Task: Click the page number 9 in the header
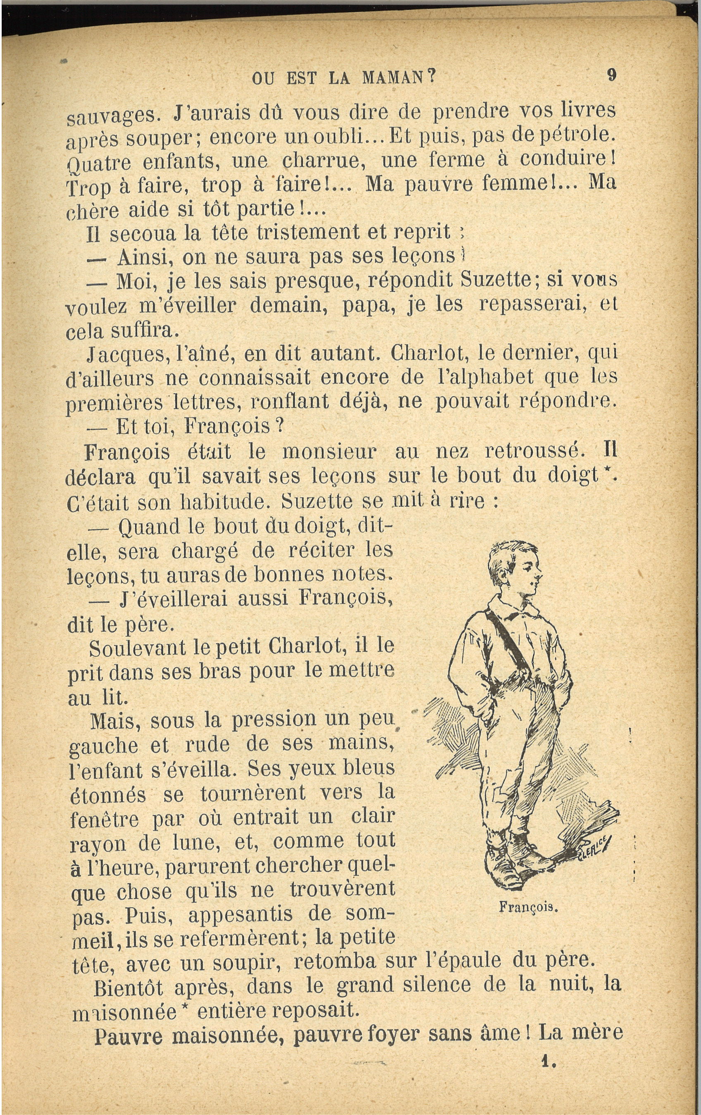[612, 75]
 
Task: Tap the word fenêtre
[104, 819]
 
